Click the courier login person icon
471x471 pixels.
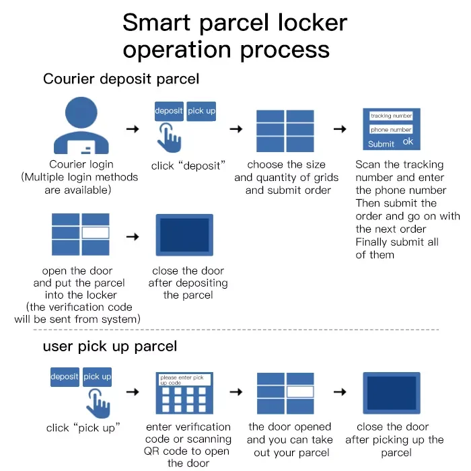(x=81, y=127)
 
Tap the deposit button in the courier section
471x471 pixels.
(x=168, y=111)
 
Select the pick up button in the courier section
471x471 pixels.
(x=201, y=111)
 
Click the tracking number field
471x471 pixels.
(x=391, y=116)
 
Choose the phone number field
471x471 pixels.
(x=391, y=130)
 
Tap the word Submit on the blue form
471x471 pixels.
(x=381, y=144)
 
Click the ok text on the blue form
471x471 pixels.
(x=408, y=142)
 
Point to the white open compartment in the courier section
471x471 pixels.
(x=95, y=233)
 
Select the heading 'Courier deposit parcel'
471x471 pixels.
(x=121, y=79)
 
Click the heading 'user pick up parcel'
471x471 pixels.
(x=110, y=347)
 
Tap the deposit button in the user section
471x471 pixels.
(x=65, y=377)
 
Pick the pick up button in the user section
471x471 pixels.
(x=98, y=377)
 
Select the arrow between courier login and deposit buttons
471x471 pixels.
(x=133, y=129)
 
